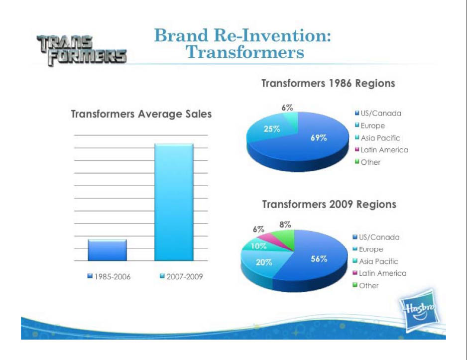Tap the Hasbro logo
tap(420, 310)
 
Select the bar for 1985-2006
tap(107, 250)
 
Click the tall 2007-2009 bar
tap(174, 202)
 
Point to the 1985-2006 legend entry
tap(109, 277)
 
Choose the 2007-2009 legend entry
tap(181, 277)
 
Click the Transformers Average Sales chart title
tap(141, 114)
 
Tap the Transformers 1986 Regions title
tap(328, 83)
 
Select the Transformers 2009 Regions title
tap(329, 204)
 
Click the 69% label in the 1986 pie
tap(319, 137)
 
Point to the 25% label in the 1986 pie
tap(272, 129)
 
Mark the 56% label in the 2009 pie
tap(319, 259)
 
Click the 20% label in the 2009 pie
tap(264, 262)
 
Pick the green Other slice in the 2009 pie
tap(286, 238)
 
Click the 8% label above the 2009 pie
tap(285, 225)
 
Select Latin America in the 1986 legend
tap(381, 150)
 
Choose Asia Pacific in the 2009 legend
tap(375, 261)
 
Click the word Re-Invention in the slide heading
tap(272, 35)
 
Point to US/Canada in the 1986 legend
tap(378, 113)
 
